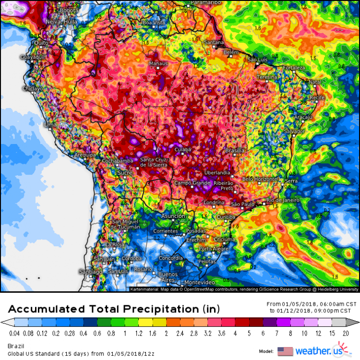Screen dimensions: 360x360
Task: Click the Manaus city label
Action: (x=158, y=63)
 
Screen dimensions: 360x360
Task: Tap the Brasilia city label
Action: (x=235, y=151)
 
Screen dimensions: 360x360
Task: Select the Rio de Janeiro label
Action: (x=283, y=200)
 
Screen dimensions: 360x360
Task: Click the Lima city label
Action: (x=50, y=125)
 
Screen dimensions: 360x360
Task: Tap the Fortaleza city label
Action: (x=294, y=68)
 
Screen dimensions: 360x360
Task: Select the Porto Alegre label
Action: (x=213, y=249)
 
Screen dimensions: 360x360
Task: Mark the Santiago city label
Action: (x=91, y=272)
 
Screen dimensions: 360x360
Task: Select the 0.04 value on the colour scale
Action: (x=14, y=331)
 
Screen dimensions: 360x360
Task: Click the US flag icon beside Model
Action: (x=285, y=350)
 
